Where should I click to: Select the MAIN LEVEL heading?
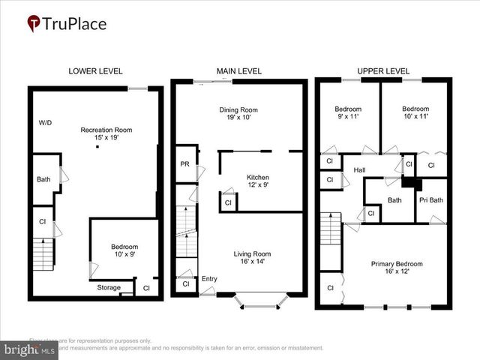coord(239,71)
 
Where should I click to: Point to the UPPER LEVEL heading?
coord(382,71)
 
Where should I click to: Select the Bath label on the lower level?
coord(43,179)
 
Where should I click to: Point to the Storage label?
coord(109,287)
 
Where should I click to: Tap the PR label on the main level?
coord(184,164)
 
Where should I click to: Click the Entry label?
coord(209,279)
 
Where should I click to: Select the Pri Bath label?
coord(431,199)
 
